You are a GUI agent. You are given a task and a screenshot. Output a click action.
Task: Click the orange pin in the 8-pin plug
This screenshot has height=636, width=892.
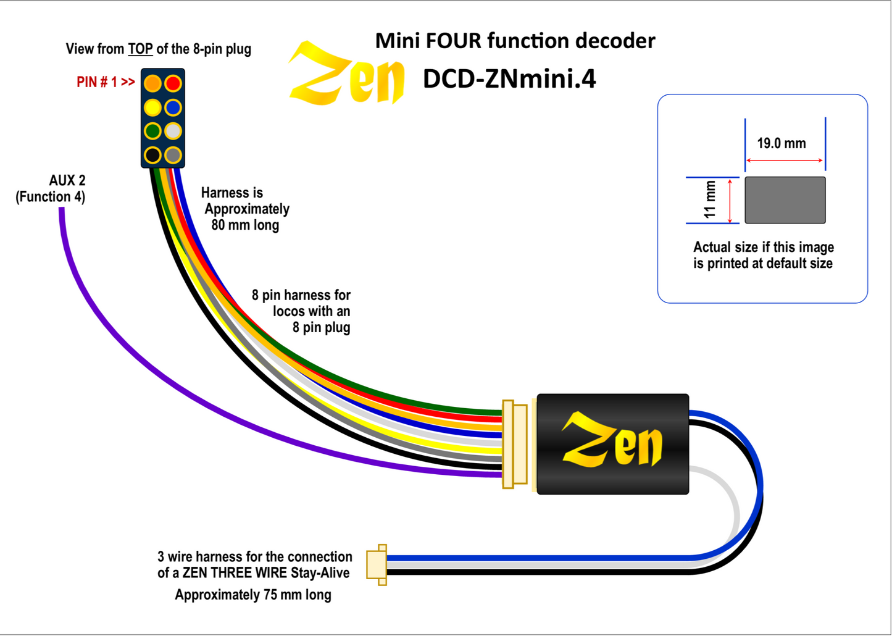(x=152, y=83)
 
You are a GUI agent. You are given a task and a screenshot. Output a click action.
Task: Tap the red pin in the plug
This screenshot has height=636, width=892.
(x=173, y=83)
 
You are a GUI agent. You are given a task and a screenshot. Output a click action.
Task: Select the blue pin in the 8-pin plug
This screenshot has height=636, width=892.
(x=173, y=107)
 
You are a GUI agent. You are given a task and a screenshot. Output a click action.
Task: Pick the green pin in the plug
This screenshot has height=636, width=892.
(x=152, y=131)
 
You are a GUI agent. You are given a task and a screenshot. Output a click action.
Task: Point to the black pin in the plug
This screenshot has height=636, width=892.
(x=152, y=154)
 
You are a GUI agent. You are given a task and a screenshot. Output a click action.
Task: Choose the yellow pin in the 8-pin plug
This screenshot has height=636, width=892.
(x=152, y=107)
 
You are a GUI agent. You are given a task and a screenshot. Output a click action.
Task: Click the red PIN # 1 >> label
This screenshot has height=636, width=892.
(x=106, y=82)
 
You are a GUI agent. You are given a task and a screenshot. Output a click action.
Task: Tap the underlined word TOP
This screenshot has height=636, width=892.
(x=140, y=49)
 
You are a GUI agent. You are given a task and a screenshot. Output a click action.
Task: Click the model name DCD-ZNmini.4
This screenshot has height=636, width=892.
(x=509, y=80)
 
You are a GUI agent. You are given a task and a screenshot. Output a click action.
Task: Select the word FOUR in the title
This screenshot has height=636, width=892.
(x=454, y=41)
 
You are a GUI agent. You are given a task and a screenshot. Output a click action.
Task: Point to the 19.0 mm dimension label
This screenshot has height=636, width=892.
(x=782, y=144)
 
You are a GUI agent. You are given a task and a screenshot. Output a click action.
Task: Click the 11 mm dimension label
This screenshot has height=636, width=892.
(x=711, y=199)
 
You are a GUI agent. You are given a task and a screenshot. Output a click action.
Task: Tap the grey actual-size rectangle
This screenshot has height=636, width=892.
(x=785, y=200)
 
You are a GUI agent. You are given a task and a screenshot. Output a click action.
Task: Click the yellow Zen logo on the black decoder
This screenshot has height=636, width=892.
(x=611, y=443)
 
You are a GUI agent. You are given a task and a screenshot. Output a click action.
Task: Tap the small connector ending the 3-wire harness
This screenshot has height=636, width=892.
(x=377, y=564)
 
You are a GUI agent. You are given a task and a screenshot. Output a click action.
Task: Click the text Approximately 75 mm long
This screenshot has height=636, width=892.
(x=253, y=595)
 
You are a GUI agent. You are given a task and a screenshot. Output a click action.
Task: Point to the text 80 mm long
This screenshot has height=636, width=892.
(x=245, y=225)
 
